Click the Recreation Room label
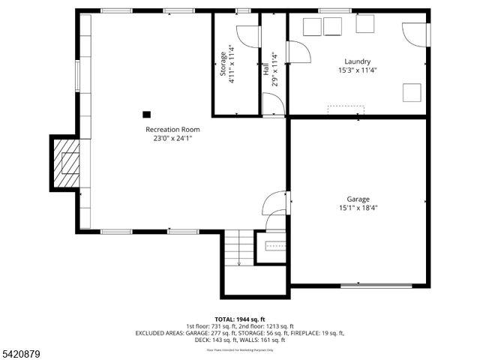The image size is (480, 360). point(172,129)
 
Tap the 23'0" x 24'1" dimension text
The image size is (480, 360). point(172,138)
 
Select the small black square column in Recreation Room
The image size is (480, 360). point(147,115)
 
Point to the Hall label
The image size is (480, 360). point(265,69)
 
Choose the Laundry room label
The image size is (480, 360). point(357,61)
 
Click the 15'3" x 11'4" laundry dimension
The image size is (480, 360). point(357,70)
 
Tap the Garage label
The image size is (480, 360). point(358,199)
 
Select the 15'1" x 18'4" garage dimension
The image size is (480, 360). point(358,208)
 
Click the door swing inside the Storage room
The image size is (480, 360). point(247,37)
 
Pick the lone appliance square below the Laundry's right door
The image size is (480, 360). point(412,92)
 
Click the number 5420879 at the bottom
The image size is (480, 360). point(22,352)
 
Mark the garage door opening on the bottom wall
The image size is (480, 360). point(376,285)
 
